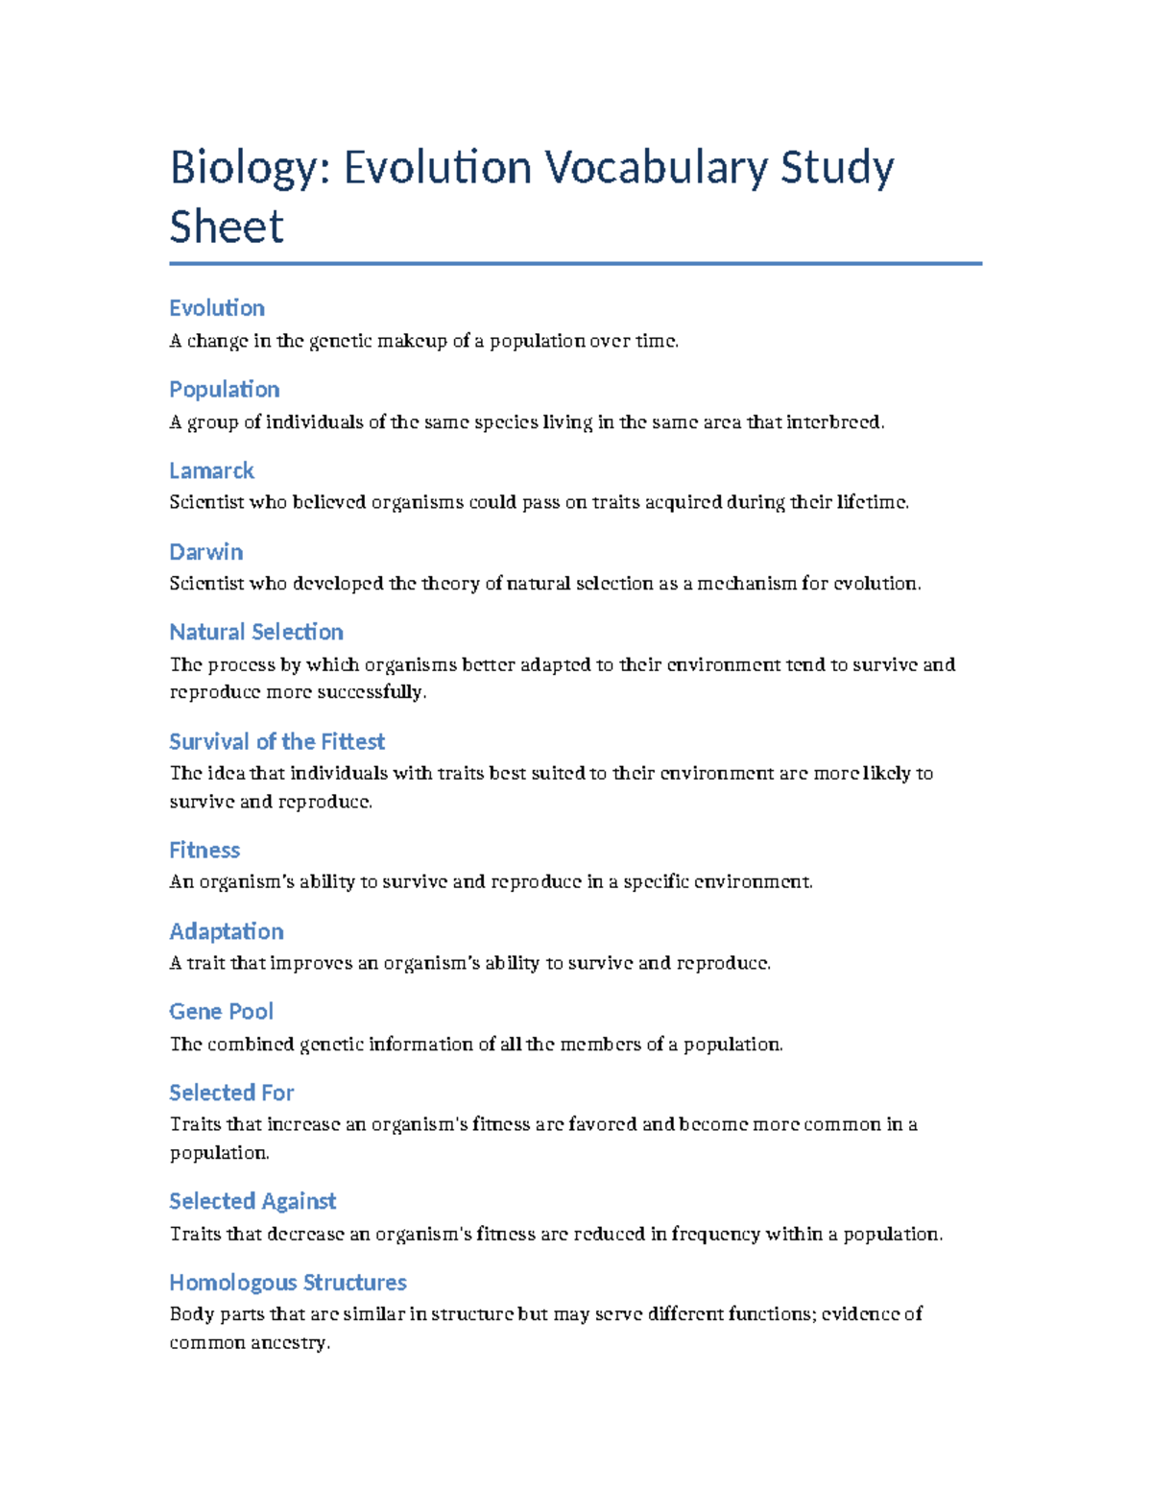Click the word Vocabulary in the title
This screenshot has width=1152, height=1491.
[x=657, y=168]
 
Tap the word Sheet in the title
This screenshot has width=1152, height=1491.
[x=227, y=228]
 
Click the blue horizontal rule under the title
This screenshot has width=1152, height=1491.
[x=576, y=263]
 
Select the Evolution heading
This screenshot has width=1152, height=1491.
[x=217, y=308]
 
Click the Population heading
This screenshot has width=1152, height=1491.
[x=225, y=390]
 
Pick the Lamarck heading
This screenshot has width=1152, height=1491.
[x=211, y=470]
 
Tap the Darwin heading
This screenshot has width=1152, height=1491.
[x=205, y=552]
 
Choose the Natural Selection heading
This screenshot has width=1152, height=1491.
[x=256, y=632]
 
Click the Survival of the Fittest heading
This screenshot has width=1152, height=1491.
[x=276, y=741]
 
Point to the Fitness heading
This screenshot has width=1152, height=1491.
[x=204, y=851]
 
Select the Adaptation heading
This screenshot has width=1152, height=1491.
[x=227, y=931]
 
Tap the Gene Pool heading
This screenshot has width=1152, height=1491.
[x=221, y=1012]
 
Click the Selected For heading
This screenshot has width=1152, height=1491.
[x=231, y=1093]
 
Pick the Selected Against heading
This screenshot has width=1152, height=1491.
[x=252, y=1201]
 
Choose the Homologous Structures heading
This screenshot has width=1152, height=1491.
[x=288, y=1283]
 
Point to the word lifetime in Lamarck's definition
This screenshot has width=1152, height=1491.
[x=871, y=502]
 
